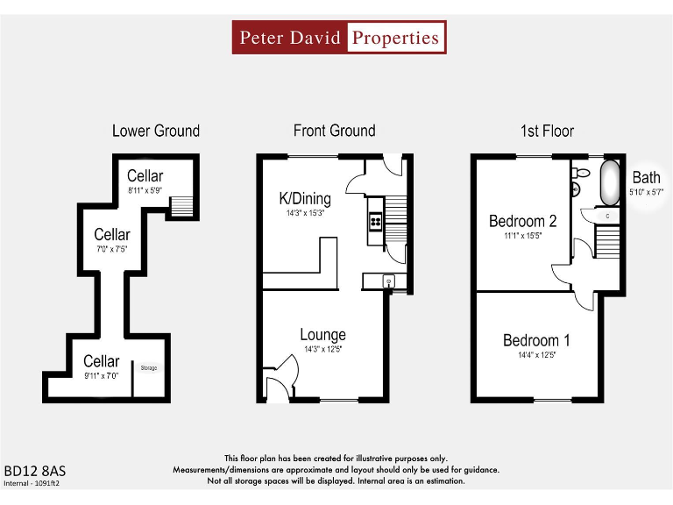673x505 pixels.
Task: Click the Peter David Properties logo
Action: (x=338, y=38)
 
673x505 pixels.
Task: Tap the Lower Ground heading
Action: (x=156, y=131)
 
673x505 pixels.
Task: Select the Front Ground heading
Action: (x=334, y=131)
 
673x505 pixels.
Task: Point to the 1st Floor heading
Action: (x=547, y=131)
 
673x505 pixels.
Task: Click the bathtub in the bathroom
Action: (x=608, y=182)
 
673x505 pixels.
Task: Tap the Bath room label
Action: (x=646, y=178)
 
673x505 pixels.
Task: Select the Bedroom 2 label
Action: (x=522, y=221)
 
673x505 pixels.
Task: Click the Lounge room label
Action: (x=322, y=334)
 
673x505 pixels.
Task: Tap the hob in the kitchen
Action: (x=375, y=222)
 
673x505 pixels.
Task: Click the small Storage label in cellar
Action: (x=148, y=368)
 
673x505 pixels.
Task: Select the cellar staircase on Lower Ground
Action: (x=181, y=206)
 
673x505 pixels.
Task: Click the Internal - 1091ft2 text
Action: (x=32, y=482)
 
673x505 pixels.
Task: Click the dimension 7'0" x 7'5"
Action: (x=112, y=248)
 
